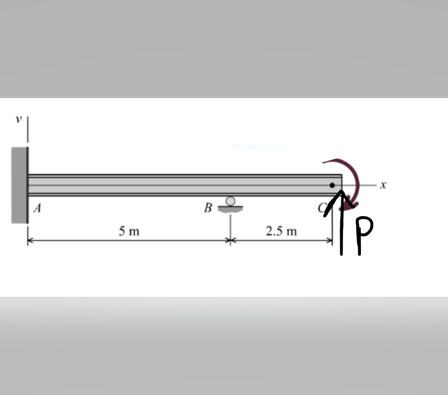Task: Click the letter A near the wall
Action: click(x=38, y=209)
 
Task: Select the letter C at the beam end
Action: click(x=323, y=209)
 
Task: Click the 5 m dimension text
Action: click(x=129, y=231)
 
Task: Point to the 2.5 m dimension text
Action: click(x=281, y=231)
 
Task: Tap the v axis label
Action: click(x=18, y=120)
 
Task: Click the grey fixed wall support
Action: click(x=20, y=185)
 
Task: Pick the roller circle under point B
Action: click(x=231, y=201)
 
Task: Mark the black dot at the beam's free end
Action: click(x=332, y=185)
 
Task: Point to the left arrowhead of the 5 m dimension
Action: click(x=30, y=240)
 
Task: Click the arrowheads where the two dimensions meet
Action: click(x=230, y=240)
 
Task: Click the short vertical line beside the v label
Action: click(x=28, y=129)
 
